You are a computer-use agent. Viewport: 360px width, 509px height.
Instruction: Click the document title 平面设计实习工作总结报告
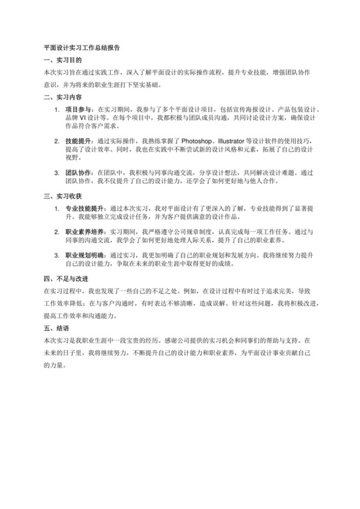[82, 47]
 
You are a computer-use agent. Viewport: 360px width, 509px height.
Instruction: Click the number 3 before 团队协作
[57, 172]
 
